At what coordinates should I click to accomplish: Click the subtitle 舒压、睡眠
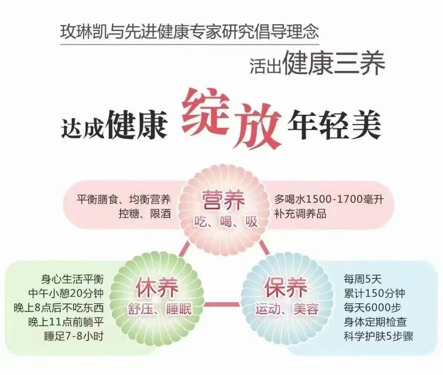157,309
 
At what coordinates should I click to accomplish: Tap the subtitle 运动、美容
286,308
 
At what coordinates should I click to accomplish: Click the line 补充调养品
301,214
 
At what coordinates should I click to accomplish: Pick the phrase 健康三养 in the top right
333,64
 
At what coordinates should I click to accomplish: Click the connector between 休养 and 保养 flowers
222,304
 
